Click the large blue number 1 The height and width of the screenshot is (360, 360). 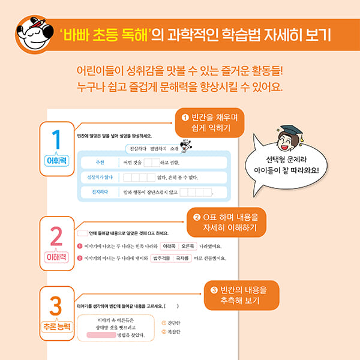(57, 140)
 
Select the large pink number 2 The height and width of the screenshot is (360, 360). (57, 236)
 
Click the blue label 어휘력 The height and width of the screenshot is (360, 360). (57, 161)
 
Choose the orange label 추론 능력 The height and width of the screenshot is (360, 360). (56, 327)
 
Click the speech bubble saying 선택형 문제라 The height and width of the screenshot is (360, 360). (289, 164)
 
